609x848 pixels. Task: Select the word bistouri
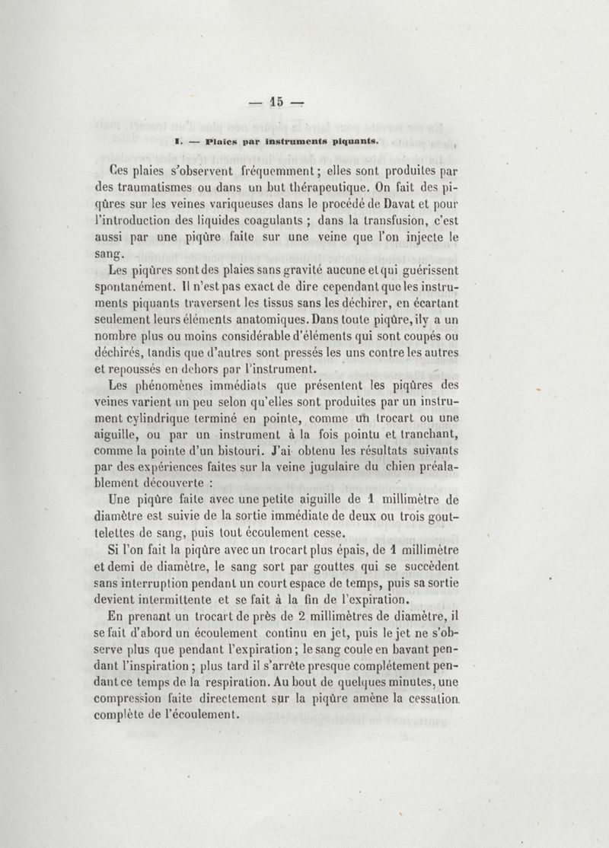coord(266,453)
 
